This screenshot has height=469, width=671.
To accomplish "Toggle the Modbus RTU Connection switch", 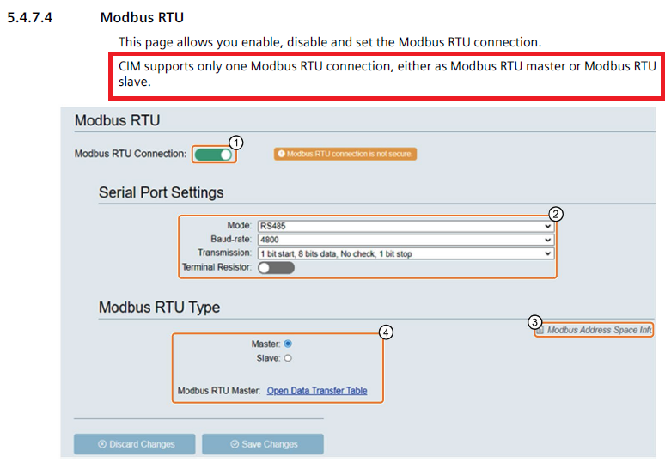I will (x=214, y=155).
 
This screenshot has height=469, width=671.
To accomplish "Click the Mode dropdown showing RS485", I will (x=406, y=227).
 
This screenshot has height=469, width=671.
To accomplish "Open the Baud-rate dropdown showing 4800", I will (x=406, y=240).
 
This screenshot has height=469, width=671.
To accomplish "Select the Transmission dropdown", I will (x=406, y=253).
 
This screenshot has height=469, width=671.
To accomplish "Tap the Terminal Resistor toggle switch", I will (x=276, y=268).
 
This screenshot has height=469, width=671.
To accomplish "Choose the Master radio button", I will (x=288, y=343).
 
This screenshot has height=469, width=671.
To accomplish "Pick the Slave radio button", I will (x=288, y=358).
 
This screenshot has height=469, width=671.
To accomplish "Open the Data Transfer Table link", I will (x=317, y=391).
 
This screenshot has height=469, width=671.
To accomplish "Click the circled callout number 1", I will (x=237, y=142).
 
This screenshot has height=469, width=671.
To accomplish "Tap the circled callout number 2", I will (x=556, y=214).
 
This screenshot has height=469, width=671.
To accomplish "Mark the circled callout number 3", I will (x=535, y=322).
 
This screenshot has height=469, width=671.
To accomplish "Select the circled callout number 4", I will (x=387, y=332).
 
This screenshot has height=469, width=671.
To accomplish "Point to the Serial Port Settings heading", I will (x=161, y=192).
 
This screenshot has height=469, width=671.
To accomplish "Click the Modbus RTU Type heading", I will (x=159, y=308).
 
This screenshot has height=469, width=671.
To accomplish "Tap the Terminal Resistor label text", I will (x=217, y=268).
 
